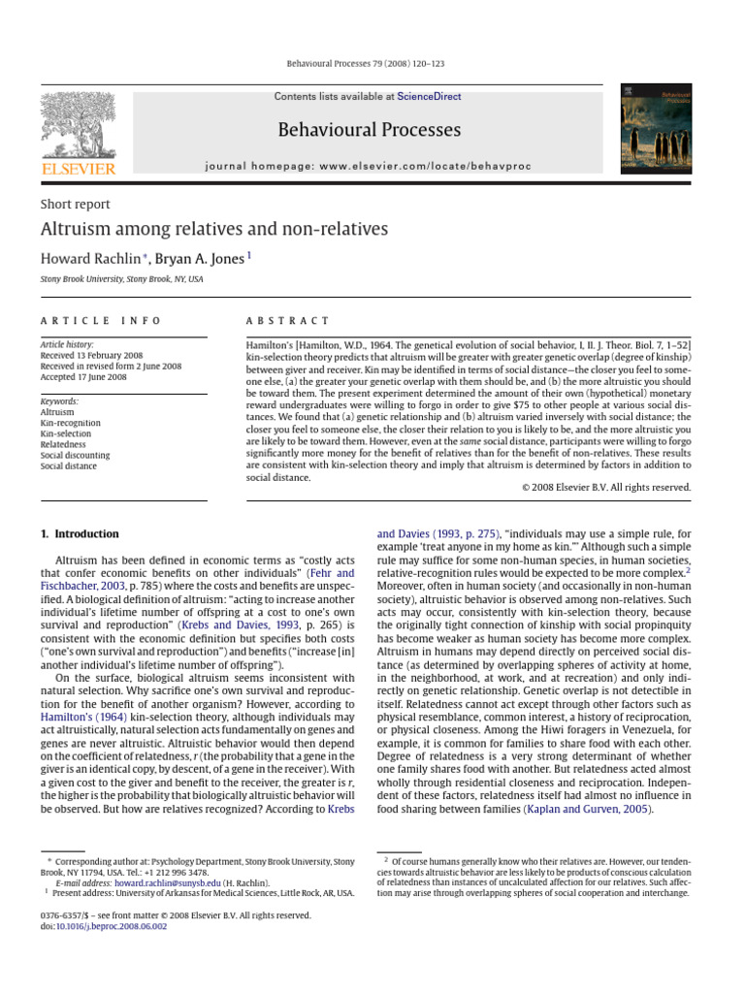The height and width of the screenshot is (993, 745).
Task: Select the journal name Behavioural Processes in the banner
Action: pyautogui.click(x=369, y=129)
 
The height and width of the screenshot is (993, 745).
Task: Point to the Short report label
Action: pyautogui.click(x=75, y=205)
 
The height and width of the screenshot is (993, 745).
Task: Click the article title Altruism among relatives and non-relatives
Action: pyautogui.click(x=213, y=230)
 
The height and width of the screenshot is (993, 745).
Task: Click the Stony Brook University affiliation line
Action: pyautogui.click(x=121, y=279)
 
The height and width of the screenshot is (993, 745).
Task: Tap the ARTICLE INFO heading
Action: pyautogui.click(x=101, y=320)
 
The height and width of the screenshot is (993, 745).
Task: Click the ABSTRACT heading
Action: pyautogui.click(x=288, y=320)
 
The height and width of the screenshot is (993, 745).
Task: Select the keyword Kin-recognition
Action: pyautogui.click(x=71, y=423)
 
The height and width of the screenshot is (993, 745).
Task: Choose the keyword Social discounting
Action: pyautogui.click(x=75, y=455)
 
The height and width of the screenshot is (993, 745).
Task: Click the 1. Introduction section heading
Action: pyautogui.click(x=80, y=534)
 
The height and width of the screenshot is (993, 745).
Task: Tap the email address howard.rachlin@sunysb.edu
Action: pyautogui.click(x=167, y=883)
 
